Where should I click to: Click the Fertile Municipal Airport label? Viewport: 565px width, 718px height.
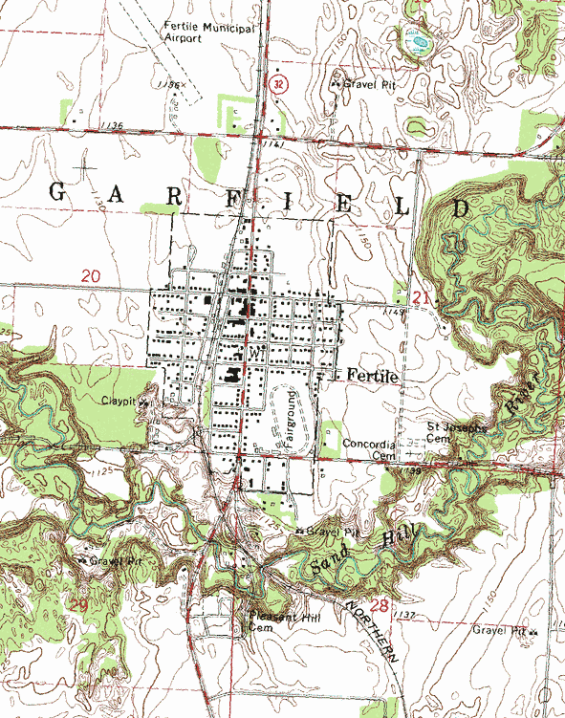(x=209, y=34)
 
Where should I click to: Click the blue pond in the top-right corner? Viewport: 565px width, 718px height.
(x=419, y=42)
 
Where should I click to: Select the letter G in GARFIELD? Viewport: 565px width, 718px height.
(x=56, y=191)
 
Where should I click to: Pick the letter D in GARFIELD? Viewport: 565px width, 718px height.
(x=462, y=207)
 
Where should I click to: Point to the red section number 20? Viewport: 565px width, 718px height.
(x=91, y=275)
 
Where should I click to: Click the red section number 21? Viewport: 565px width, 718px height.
(x=422, y=299)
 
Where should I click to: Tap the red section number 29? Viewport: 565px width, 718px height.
(x=78, y=605)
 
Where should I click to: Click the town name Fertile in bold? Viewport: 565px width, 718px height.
(x=372, y=376)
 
